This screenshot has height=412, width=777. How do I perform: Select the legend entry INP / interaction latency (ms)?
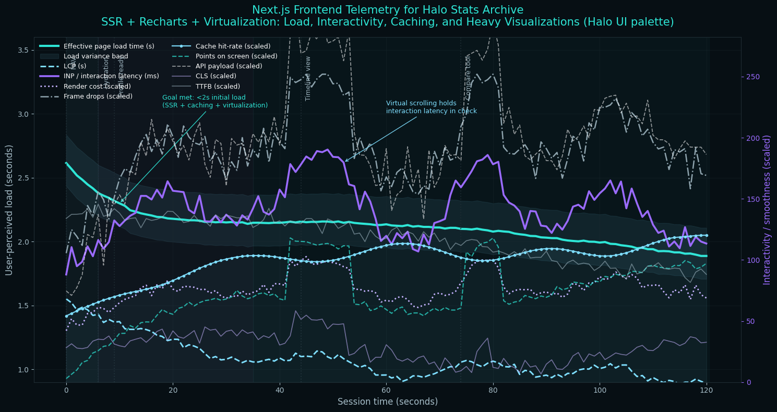[111, 76]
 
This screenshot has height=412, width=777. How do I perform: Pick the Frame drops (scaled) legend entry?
[98, 96]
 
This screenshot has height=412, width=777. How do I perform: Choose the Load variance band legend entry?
[95, 56]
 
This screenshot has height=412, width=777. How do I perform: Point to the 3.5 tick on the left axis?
[23, 50]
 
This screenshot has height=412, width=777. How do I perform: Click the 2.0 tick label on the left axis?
[23, 242]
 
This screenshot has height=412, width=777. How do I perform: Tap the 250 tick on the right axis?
[752, 77]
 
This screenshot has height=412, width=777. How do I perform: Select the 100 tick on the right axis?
[752, 260]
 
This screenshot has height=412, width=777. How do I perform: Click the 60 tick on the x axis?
[386, 390]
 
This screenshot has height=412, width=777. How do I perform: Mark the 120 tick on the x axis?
[707, 390]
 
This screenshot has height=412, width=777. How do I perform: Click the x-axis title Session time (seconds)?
[388, 402]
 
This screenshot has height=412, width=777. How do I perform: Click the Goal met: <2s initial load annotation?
[214, 101]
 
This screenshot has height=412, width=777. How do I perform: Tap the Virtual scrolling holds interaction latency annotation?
[431, 107]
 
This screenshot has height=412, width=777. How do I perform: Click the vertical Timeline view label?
[308, 78]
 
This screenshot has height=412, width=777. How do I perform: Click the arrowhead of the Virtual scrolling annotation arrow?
[345, 161]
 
